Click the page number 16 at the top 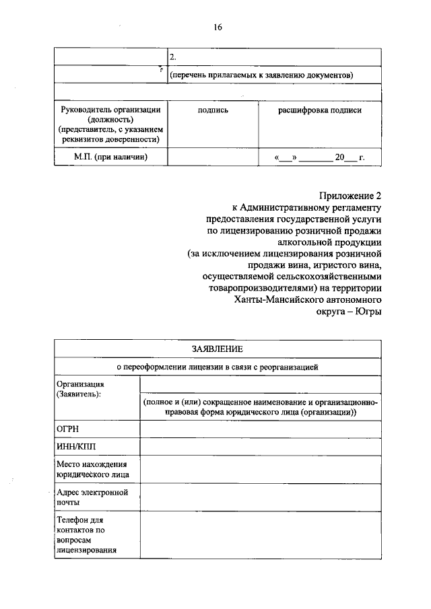click(217, 27)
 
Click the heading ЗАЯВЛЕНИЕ click(217, 349)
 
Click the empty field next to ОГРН click(260, 428)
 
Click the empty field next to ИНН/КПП click(260, 445)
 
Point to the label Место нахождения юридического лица click(92, 469)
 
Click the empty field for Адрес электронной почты click(260, 497)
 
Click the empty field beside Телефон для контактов click(260, 534)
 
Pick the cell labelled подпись click(212, 110)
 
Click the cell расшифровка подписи click(320, 110)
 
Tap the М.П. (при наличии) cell click(110, 157)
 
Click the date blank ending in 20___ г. click(319, 158)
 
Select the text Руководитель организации click(110, 110)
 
